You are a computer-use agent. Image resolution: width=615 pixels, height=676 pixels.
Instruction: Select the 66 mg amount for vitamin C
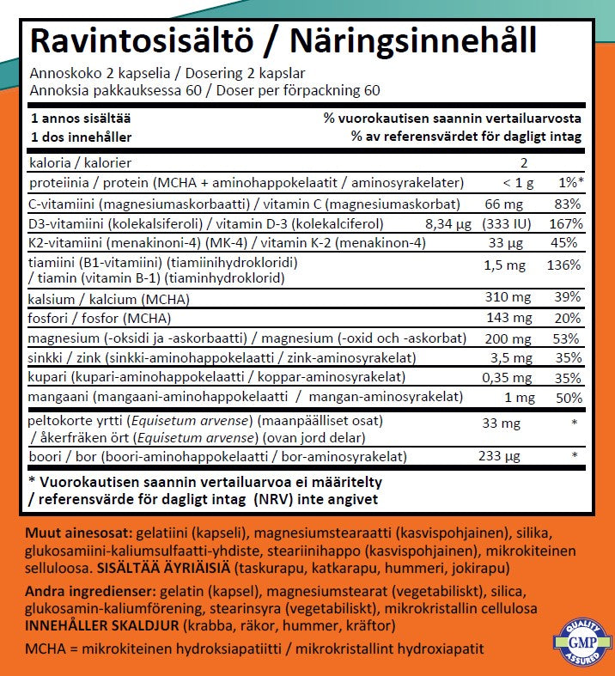pyautogui.click(x=503, y=204)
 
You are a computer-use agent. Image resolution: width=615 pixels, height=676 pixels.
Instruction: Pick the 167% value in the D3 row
pyautogui.click(x=563, y=223)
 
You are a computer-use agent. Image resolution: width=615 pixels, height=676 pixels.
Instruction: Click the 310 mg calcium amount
pyautogui.click(x=504, y=297)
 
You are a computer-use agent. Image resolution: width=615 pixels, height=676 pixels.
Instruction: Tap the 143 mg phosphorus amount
pyautogui.click(x=504, y=317)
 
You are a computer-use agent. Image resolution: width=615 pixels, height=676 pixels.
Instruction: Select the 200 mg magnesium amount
pyautogui.click(x=504, y=338)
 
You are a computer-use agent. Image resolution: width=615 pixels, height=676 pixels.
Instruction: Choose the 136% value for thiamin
pyautogui.click(x=563, y=265)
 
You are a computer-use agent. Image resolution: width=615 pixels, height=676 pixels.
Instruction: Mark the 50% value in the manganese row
pyautogui.click(x=567, y=398)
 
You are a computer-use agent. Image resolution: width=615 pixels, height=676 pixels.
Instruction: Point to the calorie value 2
pyautogui.click(x=524, y=162)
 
